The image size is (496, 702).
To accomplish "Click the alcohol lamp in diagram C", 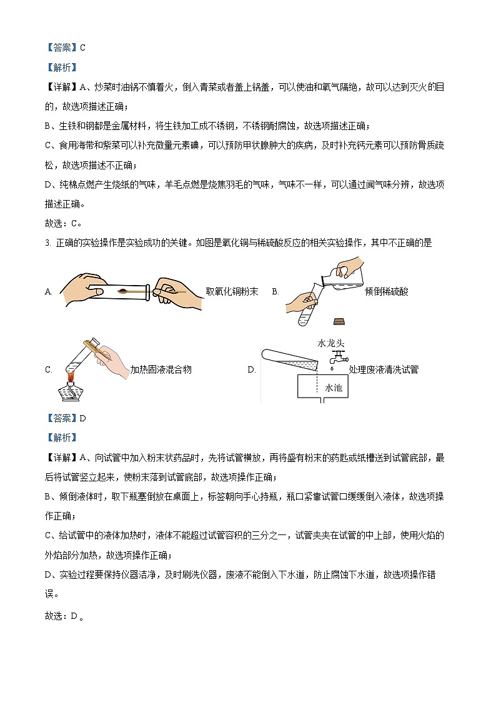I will point(72,390).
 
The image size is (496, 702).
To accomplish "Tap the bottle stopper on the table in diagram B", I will point(339,321).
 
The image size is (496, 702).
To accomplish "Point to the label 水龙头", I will point(331,343).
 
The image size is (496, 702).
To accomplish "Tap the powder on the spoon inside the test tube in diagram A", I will point(124,290).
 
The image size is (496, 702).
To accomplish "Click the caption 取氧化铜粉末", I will point(232,291).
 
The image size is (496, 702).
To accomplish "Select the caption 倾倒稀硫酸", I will point(387,291).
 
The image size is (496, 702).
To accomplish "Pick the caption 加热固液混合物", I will point(161,369).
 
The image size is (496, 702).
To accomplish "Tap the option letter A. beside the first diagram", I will point(49,291).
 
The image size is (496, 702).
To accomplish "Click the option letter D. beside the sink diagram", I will point(252,369).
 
